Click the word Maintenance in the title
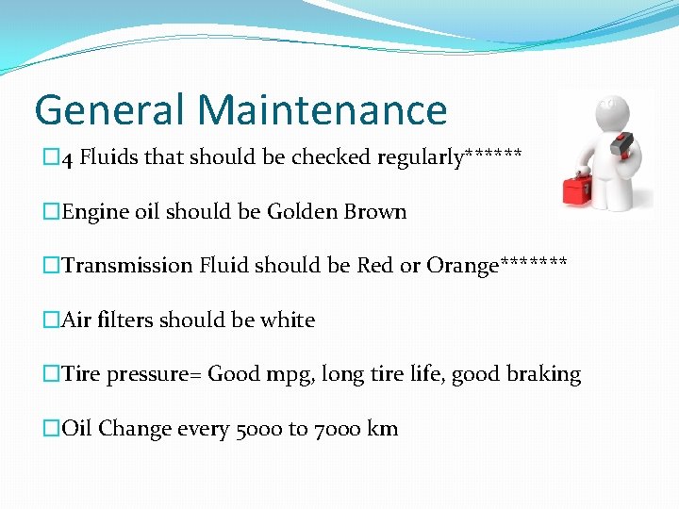(323, 109)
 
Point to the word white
(288, 320)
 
